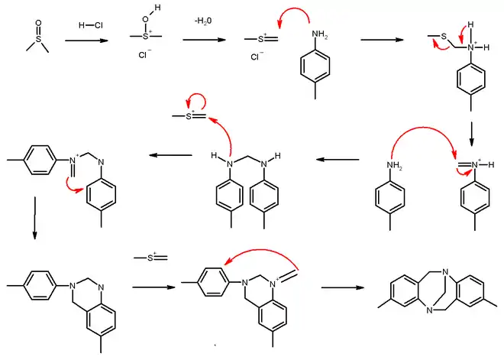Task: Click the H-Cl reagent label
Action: tap(90, 24)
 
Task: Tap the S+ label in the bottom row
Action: tap(150, 258)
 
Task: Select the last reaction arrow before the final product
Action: tap(346, 287)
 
